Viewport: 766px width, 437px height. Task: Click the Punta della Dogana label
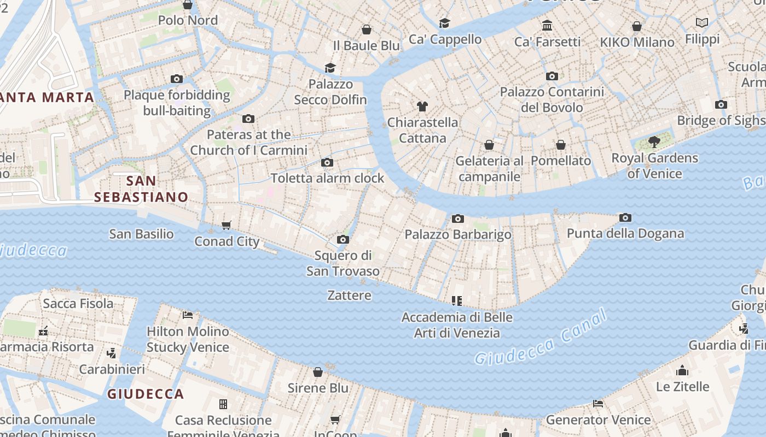[625, 234]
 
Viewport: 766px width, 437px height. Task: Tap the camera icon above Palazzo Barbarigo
[458, 219]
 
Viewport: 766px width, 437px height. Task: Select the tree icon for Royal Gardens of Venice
[654, 142]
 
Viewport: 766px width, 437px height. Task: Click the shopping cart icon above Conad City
[227, 226]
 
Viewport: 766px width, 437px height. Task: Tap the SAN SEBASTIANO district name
[141, 189]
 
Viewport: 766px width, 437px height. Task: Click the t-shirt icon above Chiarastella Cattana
[422, 106]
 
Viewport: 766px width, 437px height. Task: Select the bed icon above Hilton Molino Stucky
[188, 315]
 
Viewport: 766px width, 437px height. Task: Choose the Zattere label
[349, 296]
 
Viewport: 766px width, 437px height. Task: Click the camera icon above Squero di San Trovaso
[343, 240]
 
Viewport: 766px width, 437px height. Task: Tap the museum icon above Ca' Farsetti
[547, 26]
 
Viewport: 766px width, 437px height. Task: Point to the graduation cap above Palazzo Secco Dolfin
[330, 68]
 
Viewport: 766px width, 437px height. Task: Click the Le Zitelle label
[682, 387]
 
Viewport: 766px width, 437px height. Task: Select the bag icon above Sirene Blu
[318, 372]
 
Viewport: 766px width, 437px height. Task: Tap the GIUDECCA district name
[145, 394]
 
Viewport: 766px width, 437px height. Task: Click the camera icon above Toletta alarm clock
[327, 163]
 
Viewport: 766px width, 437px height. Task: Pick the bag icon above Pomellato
[561, 145]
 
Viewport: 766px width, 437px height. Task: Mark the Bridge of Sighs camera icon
[721, 105]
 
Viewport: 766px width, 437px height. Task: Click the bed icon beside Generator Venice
[598, 404]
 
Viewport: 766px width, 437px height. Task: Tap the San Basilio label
[141, 234]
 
